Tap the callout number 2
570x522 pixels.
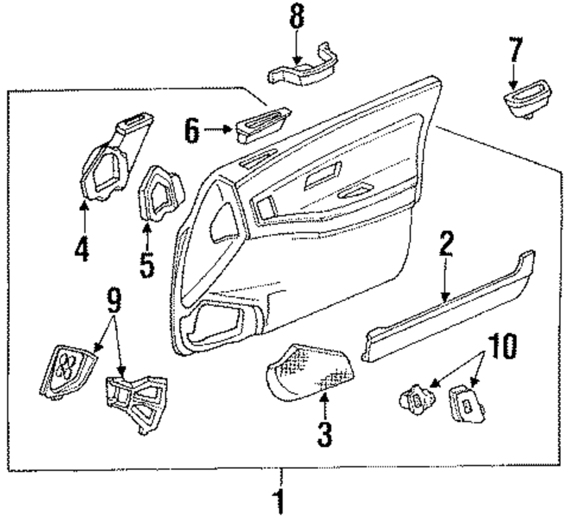[x=446, y=245]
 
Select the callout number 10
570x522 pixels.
[x=501, y=346]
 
